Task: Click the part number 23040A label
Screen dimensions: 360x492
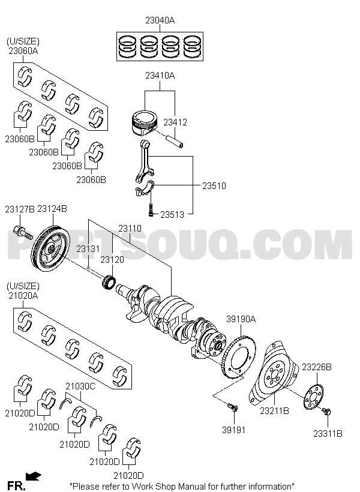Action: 160,20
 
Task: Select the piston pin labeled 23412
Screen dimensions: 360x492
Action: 175,140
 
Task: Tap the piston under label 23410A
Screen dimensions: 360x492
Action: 143,122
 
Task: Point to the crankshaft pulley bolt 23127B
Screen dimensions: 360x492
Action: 23,232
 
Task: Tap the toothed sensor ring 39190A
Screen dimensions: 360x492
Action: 240,357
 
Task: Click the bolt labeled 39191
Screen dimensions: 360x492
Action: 233,408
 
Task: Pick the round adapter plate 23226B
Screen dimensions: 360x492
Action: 314,397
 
